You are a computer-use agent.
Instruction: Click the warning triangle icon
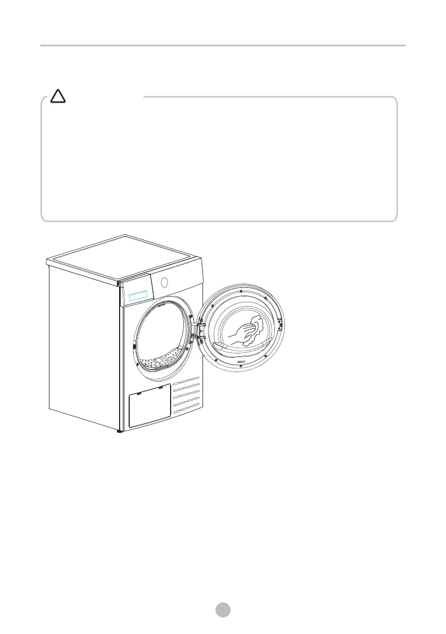(x=57, y=96)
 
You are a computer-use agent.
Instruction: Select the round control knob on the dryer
(x=164, y=281)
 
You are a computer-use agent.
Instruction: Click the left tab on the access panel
(x=139, y=394)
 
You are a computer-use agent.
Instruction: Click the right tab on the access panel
(x=160, y=388)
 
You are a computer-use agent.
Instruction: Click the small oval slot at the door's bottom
(x=241, y=362)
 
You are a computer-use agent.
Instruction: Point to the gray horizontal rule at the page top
(x=223, y=46)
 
